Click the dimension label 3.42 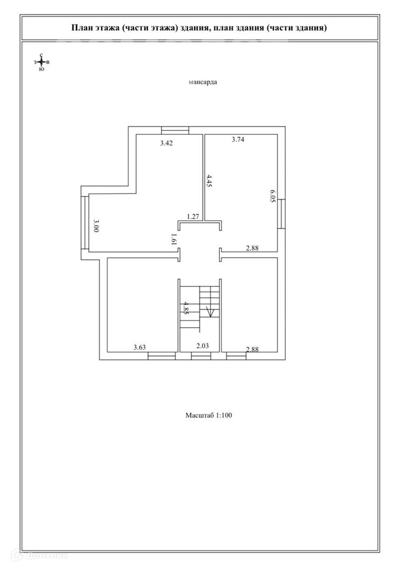167,143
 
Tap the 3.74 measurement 239,140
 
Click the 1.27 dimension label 193,216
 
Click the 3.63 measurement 139,347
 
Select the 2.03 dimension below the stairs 203,346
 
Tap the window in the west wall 84,224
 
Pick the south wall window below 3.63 161,357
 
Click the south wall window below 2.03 201,357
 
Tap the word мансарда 203,82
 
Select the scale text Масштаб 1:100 208,415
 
